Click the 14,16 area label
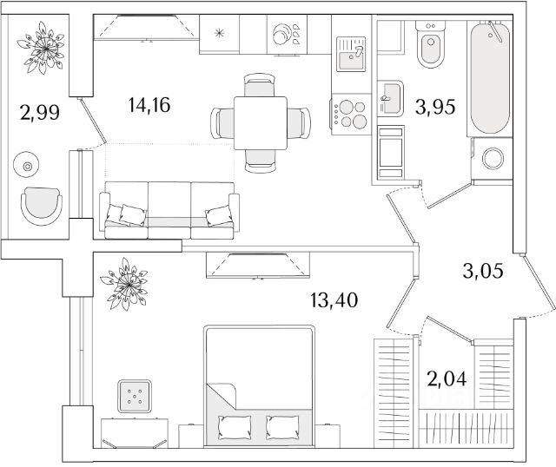[149, 107]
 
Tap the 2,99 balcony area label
[39, 112]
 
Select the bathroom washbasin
[390, 96]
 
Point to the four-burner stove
[351, 114]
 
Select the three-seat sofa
[169, 211]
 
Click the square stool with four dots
[135, 396]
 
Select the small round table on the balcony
[29, 166]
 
